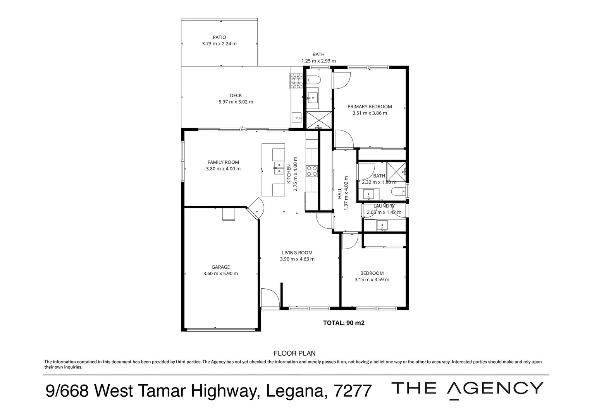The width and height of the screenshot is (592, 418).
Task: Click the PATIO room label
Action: [219, 38]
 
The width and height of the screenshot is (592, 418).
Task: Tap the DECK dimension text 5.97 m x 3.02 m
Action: [236, 102]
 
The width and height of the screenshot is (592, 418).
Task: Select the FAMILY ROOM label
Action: [223, 163]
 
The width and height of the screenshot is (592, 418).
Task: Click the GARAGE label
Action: [220, 267]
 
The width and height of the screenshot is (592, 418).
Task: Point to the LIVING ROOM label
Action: [297, 253]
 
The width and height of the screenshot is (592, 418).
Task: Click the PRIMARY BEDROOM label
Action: [370, 107]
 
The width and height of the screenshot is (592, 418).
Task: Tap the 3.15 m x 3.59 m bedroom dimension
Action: [372, 280]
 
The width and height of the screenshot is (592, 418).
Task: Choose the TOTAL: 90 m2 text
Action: [344, 323]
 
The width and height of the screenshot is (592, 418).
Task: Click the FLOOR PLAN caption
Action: [294, 353]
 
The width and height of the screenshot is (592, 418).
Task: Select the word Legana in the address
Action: [295, 391]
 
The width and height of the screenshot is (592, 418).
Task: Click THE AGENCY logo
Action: [468, 389]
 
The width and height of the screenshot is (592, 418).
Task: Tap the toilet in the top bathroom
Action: [314, 81]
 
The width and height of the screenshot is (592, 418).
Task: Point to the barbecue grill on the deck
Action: [297, 81]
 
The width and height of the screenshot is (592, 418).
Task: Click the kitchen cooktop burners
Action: [312, 171]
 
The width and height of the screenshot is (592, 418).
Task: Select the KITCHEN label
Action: [289, 174]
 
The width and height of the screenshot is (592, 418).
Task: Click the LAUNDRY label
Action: [384, 206]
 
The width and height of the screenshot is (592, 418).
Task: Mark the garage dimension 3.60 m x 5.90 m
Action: [220, 274]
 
